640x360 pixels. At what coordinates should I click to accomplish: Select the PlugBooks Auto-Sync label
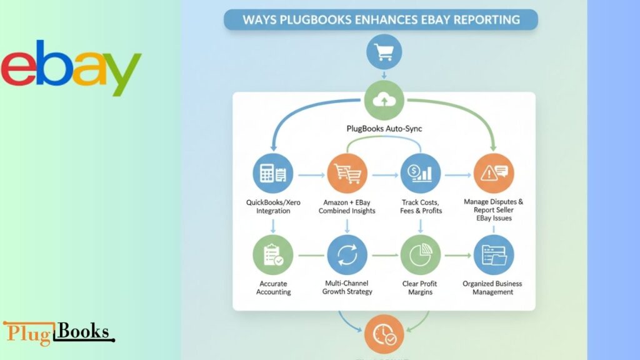[384, 128]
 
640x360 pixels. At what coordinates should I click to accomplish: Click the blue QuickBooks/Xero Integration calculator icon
[273, 172]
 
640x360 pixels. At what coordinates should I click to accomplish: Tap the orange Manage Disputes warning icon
[494, 173]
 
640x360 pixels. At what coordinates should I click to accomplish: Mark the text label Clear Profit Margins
[420, 287]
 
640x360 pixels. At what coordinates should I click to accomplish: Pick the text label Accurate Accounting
[273, 287]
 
